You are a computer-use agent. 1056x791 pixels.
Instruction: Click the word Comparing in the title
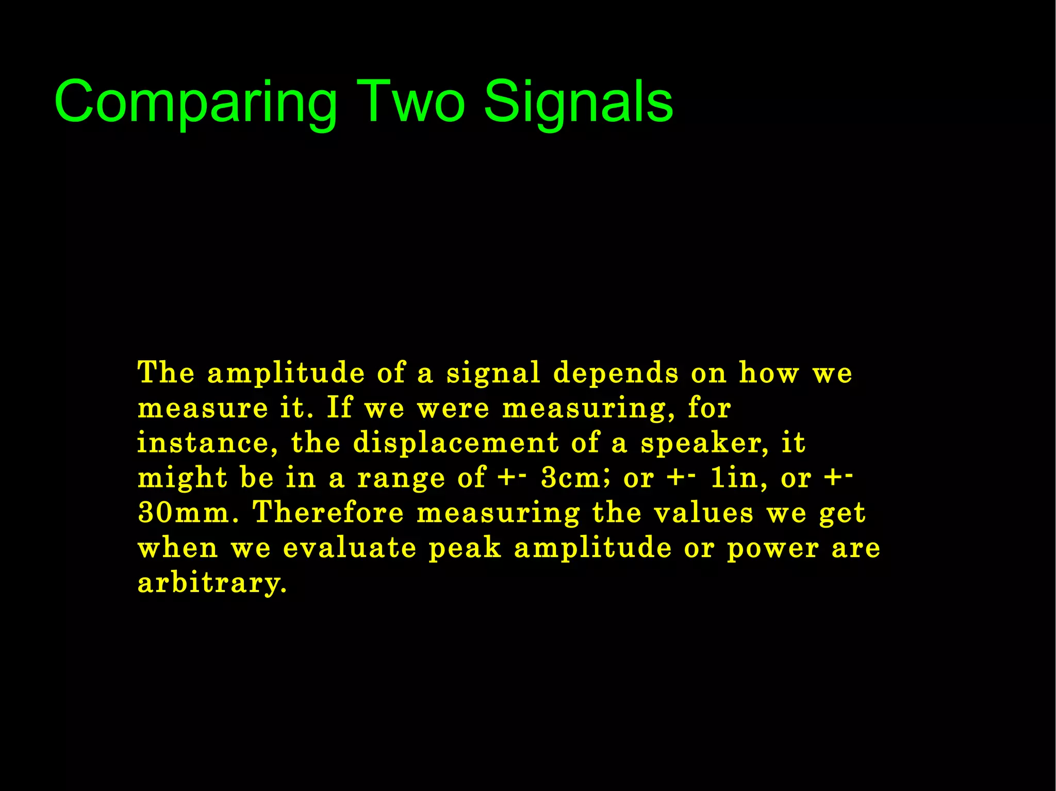[196, 102]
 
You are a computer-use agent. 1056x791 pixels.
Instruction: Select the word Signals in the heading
[579, 102]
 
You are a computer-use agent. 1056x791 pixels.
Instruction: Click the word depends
[616, 373]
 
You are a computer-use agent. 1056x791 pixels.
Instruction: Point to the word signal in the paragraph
[493, 373]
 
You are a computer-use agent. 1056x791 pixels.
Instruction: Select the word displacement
[456, 443]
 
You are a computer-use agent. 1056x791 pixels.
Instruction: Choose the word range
[401, 479]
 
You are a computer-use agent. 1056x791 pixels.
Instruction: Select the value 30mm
[188, 513]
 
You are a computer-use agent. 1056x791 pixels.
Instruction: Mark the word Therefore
[328, 513]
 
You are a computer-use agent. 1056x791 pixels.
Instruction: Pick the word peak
[465, 548]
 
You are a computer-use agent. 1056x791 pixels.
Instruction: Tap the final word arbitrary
[211, 583]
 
